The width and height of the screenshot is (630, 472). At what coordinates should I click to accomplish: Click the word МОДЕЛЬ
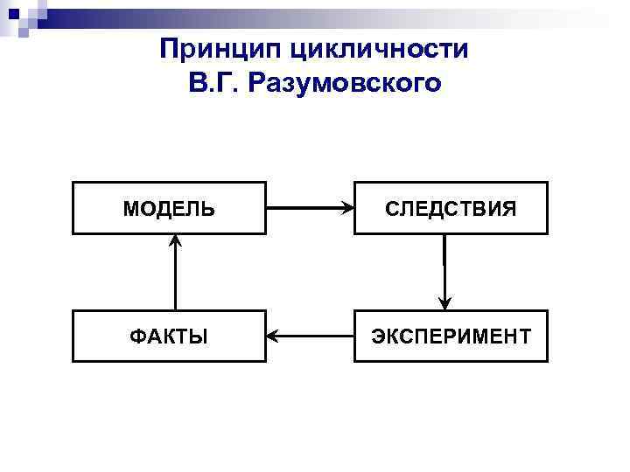coord(168,209)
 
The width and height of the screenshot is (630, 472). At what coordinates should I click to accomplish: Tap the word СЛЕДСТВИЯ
coord(451,209)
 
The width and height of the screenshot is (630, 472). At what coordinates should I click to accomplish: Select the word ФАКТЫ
coord(168,337)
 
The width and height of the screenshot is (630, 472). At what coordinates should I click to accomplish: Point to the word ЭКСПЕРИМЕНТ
coord(451,337)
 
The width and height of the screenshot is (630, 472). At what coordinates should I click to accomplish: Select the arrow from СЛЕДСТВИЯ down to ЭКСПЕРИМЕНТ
coord(444,271)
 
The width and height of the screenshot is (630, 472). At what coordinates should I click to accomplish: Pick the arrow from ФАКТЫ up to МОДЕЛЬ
coord(176,273)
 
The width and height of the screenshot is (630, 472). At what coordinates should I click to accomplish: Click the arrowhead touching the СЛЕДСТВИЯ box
coord(347,209)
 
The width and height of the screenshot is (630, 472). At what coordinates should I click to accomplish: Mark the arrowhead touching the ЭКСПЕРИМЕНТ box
coord(444,304)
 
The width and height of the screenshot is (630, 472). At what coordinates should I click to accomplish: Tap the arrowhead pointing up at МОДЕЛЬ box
coord(176,240)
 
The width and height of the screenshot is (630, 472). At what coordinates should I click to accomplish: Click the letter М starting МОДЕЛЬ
coord(130,209)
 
